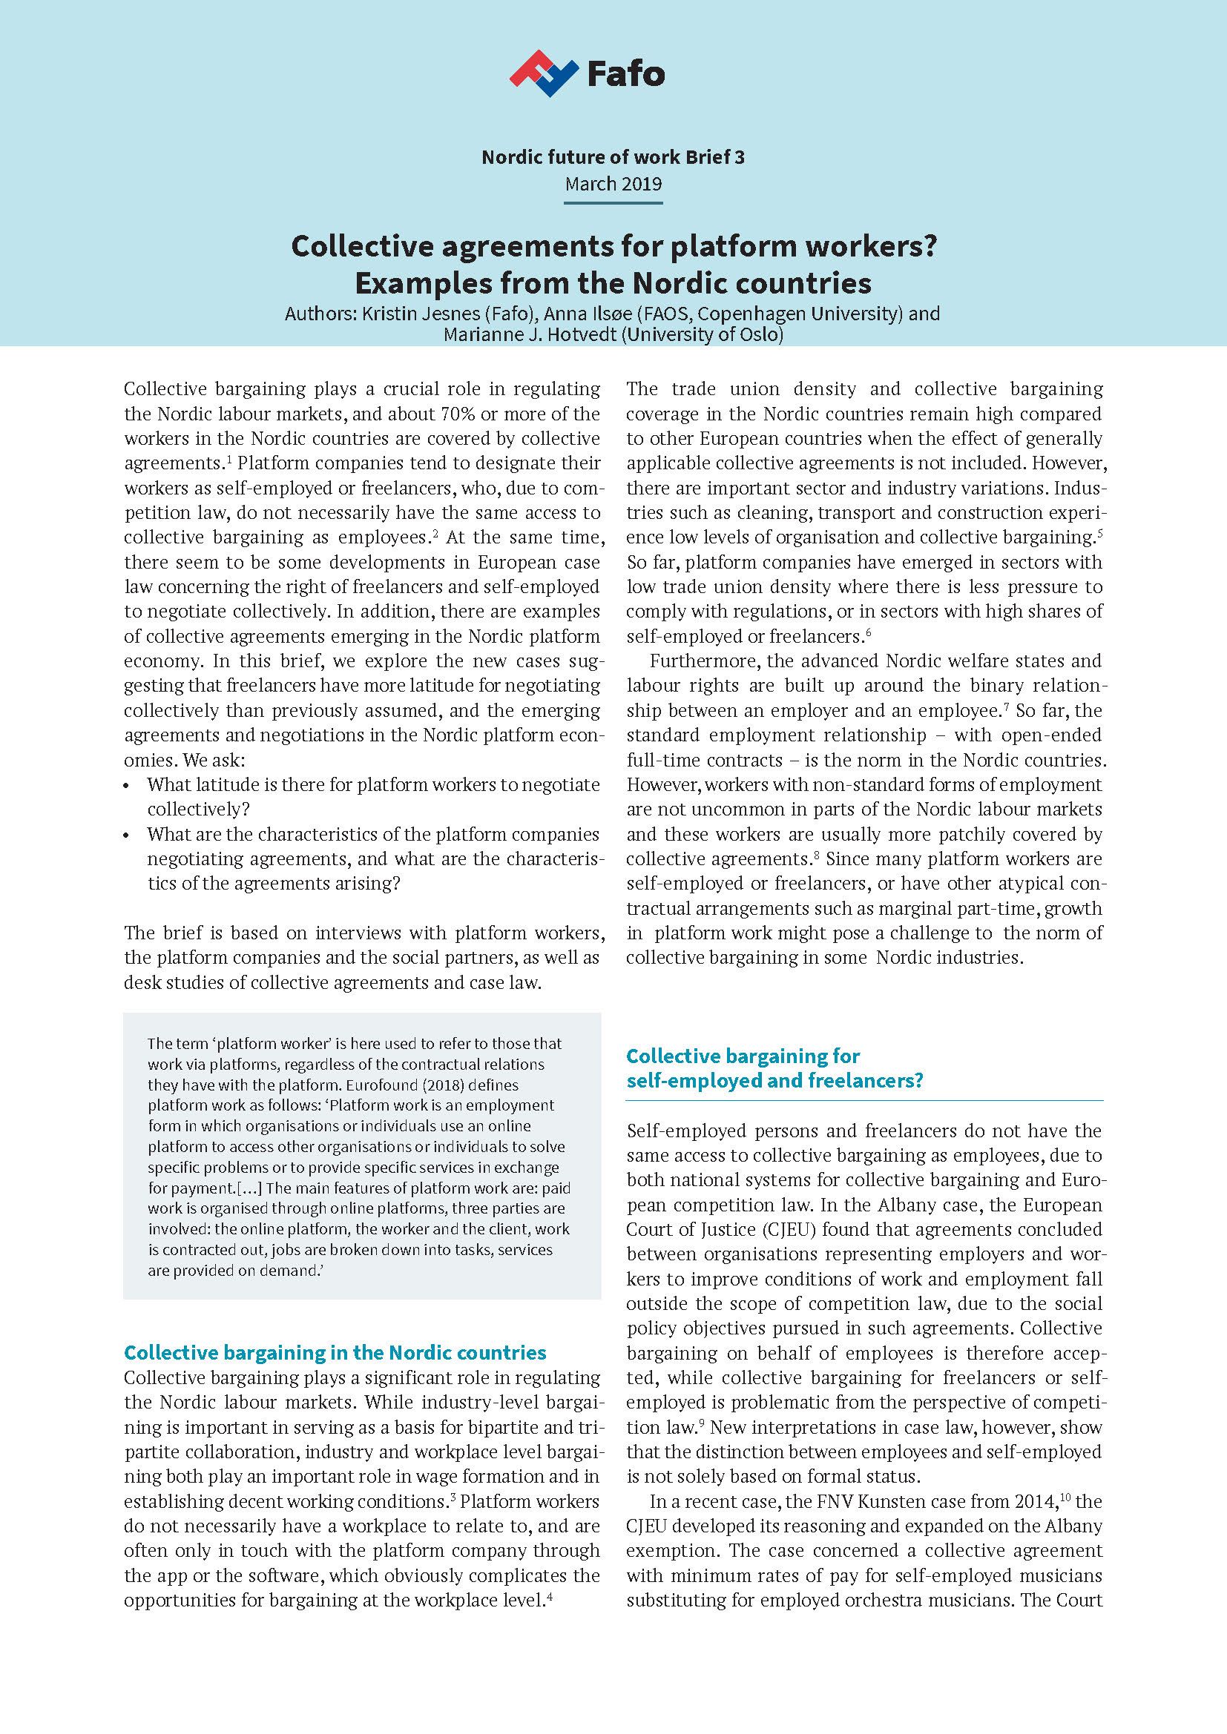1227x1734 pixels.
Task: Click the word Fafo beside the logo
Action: [625, 74]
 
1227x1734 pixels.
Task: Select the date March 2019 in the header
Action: [613, 184]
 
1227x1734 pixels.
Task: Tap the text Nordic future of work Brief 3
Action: [613, 157]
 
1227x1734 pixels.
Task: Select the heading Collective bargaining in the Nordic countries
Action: [335, 1351]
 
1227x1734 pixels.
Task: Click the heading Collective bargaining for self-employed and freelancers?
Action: [775, 1067]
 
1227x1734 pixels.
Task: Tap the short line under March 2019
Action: [613, 202]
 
